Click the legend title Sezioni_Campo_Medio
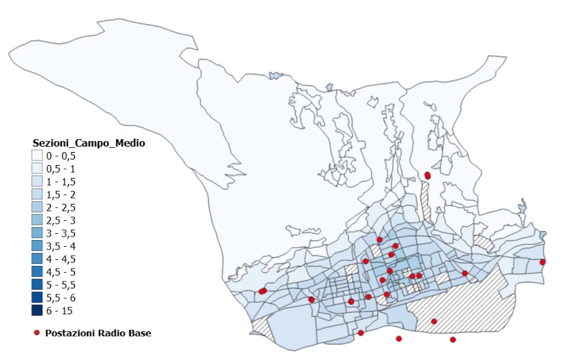click(89, 143)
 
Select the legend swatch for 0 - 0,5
click(36, 156)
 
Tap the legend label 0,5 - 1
click(61, 169)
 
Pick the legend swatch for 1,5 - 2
click(36, 194)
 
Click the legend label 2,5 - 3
click(61, 220)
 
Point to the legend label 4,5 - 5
click(61, 272)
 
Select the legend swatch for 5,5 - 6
click(36, 298)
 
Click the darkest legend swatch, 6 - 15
click(36, 311)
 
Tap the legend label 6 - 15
click(59, 311)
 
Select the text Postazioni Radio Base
click(98, 333)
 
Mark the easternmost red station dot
click(543, 262)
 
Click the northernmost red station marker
click(428, 175)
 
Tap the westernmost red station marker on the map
click(261, 292)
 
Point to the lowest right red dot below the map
click(453, 340)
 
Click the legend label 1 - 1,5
click(61, 182)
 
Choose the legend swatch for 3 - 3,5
click(36, 233)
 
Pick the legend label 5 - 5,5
click(61, 285)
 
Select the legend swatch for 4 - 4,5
click(36, 259)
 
